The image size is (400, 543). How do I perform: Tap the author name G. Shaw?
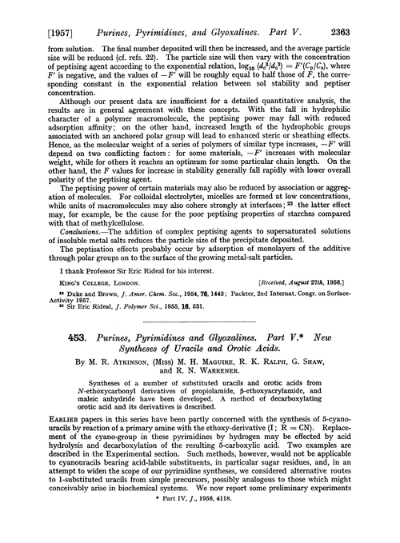[x=322, y=364]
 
